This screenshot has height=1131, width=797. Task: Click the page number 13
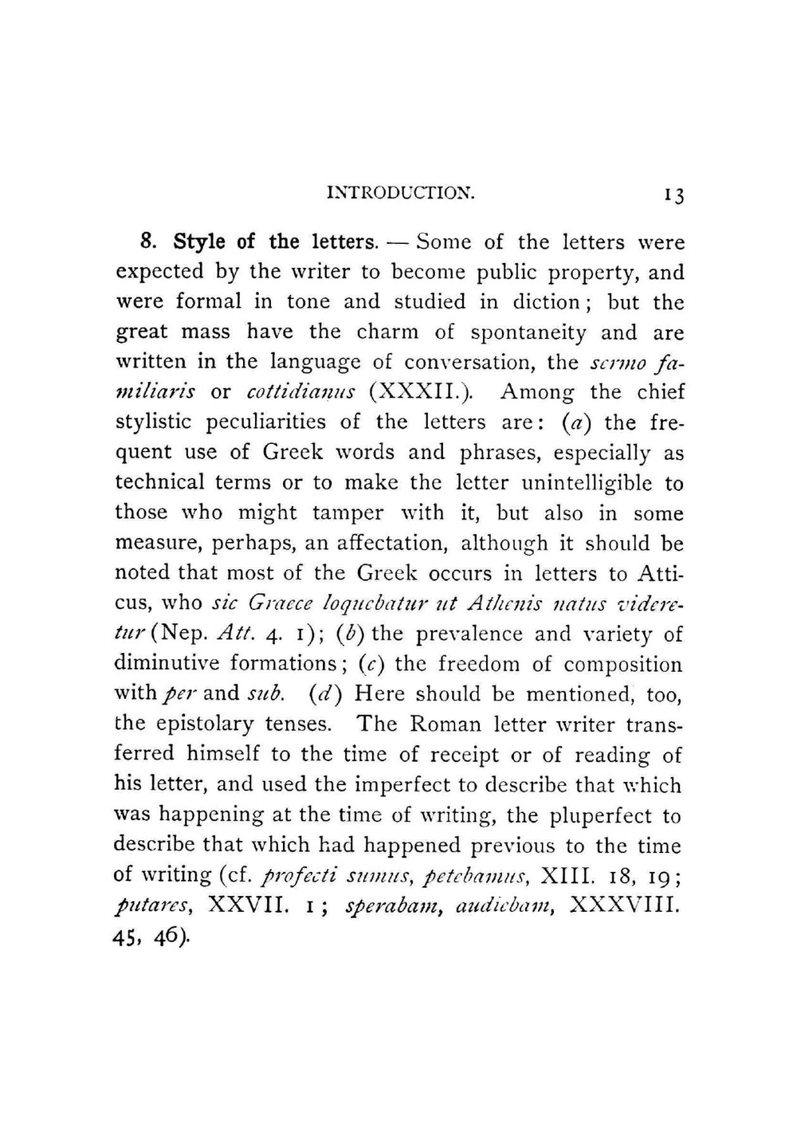click(673, 195)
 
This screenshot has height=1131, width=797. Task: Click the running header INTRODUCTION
click(401, 193)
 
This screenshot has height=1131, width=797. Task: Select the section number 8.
click(146, 242)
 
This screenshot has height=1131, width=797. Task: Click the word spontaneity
click(528, 332)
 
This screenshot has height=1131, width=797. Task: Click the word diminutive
click(166, 664)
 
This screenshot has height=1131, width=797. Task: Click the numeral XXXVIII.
click(626, 905)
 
